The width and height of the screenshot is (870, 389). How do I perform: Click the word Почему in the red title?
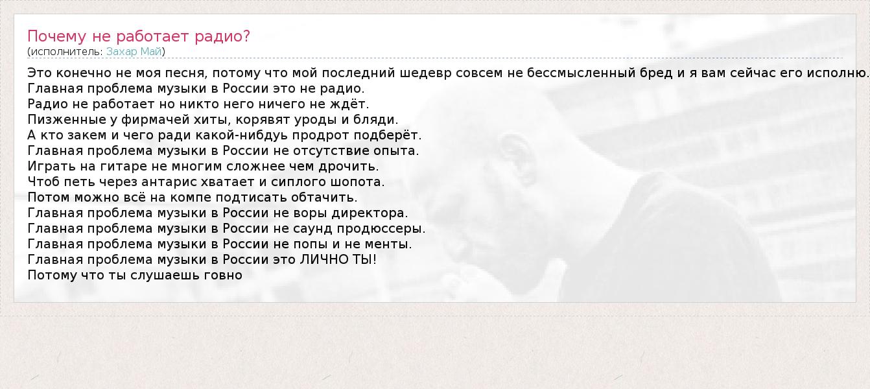point(56,36)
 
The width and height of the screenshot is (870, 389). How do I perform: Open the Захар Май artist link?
point(134,51)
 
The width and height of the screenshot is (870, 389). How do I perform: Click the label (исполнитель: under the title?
point(65,52)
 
